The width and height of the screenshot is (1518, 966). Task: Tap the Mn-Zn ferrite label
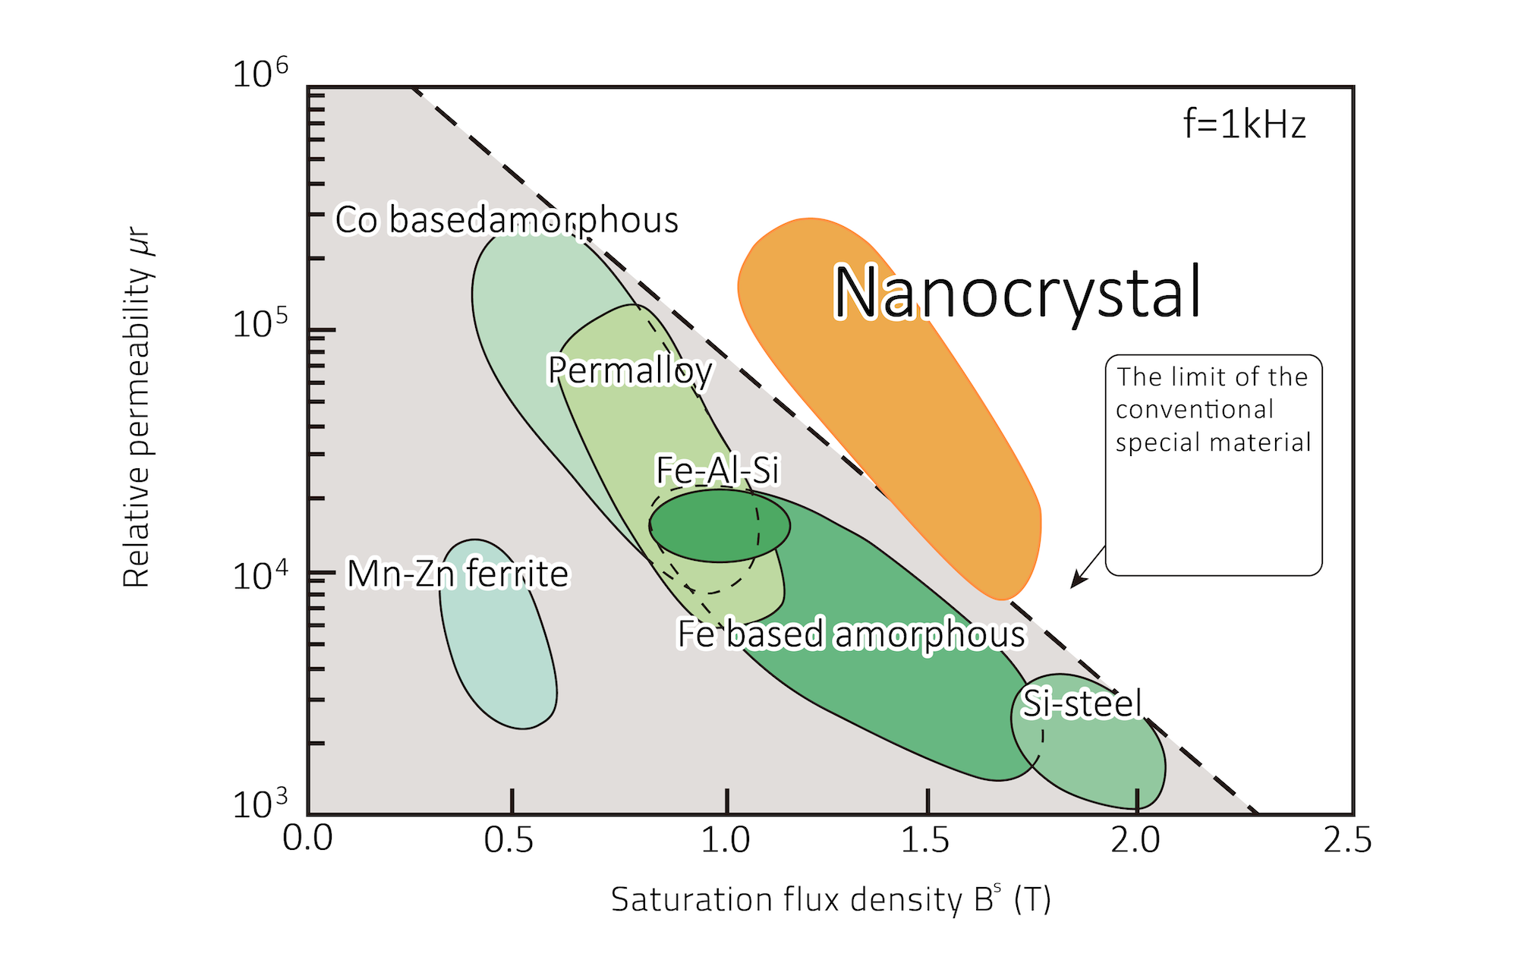pyautogui.click(x=458, y=574)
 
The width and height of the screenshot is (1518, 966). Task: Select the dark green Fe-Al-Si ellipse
pyautogui.click(x=719, y=526)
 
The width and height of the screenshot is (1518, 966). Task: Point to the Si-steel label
pyautogui.click(x=1082, y=703)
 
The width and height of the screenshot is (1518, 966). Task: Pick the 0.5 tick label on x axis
pyautogui.click(x=509, y=840)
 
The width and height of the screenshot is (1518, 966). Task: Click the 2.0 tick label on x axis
pyautogui.click(x=1135, y=840)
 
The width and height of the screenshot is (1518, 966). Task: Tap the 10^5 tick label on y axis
pyautogui.click(x=260, y=325)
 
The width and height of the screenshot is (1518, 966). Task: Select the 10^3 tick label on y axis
pyautogui.click(x=260, y=803)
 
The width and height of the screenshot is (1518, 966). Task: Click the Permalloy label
pyautogui.click(x=630, y=370)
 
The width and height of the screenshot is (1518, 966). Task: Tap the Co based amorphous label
pyautogui.click(x=507, y=220)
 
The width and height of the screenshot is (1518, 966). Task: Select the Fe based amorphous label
pyautogui.click(x=851, y=634)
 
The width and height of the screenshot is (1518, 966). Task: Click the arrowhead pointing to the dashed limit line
pyautogui.click(x=1075, y=583)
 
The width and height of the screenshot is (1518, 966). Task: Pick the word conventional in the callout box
pyautogui.click(x=1194, y=410)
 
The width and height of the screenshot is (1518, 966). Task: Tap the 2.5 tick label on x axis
pyautogui.click(x=1347, y=840)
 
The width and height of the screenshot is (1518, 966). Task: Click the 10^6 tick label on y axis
pyautogui.click(x=260, y=74)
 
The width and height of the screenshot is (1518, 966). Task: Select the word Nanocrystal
pyautogui.click(x=1017, y=292)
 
